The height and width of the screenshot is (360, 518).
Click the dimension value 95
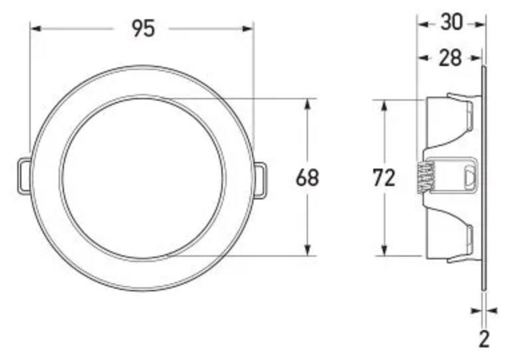(x=143, y=28)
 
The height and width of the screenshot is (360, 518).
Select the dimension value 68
(x=307, y=178)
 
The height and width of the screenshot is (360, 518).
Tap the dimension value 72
(x=385, y=178)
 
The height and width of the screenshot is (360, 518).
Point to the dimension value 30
(x=451, y=23)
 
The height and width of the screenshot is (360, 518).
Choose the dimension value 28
(x=450, y=59)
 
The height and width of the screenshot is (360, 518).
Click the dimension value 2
(x=484, y=338)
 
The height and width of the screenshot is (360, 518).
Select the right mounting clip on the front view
(x=260, y=179)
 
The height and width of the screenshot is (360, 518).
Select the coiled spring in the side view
(x=422, y=178)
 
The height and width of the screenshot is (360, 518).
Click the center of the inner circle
(x=143, y=178)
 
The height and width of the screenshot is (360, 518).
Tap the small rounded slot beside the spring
(x=469, y=178)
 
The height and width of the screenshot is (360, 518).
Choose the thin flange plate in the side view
(x=482, y=178)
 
